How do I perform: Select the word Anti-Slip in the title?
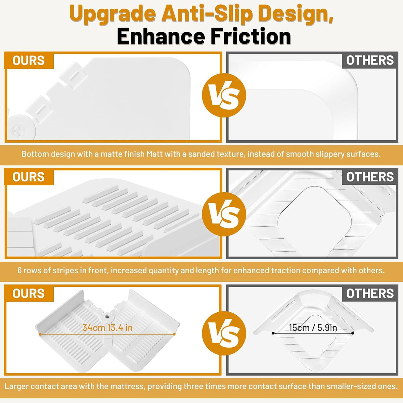click(x=206, y=13)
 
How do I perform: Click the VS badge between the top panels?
click(x=224, y=95)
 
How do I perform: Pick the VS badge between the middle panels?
click(x=224, y=214)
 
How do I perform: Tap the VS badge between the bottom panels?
click(x=224, y=333)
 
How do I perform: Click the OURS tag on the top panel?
click(x=29, y=60)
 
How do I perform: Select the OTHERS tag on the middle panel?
click(x=370, y=177)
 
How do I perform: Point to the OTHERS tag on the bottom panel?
click(x=370, y=294)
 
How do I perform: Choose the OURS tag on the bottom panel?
click(x=29, y=294)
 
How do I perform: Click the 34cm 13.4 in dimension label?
click(x=107, y=327)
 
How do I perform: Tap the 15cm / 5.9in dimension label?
click(x=313, y=327)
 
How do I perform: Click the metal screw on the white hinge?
click(x=107, y=317)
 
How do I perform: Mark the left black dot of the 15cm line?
click(x=273, y=333)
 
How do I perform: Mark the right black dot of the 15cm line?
click(x=353, y=333)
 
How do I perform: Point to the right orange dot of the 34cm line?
click(x=174, y=334)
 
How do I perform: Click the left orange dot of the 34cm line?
click(x=40, y=334)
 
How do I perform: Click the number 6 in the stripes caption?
click(x=19, y=270)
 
